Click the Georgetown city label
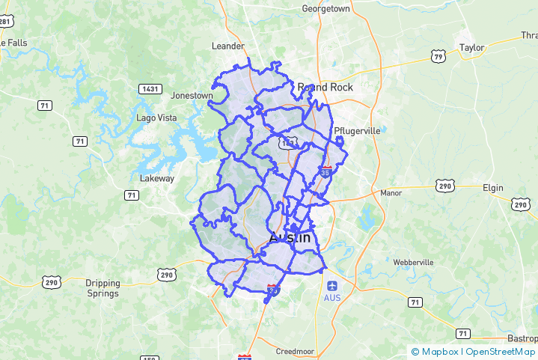click(x=325, y=9)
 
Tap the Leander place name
click(x=228, y=46)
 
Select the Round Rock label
click(x=325, y=88)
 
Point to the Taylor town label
click(x=471, y=47)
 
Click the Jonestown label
click(x=192, y=96)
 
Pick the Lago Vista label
click(x=156, y=118)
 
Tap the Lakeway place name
click(x=157, y=179)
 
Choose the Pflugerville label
click(x=357, y=130)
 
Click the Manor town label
click(x=391, y=192)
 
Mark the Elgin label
click(x=493, y=188)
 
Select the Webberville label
click(x=413, y=263)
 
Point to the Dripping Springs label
click(x=103, y=287)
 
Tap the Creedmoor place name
click(x=296, y=351)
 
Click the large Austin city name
click(x=289, y=237)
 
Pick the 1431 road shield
click(x=150, y=89)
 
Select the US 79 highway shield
click(x=438, y=56)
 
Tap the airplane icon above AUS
click(x=332, y=285)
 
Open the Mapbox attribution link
click(x=438, y=351)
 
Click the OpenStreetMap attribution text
click(x=501, y=351)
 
